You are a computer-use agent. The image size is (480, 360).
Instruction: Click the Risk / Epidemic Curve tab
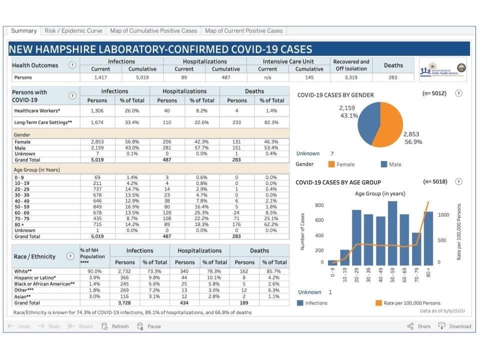(73, 31)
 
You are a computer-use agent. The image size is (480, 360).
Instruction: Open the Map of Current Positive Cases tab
(243, 31)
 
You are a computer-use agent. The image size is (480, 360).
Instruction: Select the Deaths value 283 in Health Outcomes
(393, 77)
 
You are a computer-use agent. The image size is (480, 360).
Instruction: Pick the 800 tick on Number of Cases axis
(319, 205)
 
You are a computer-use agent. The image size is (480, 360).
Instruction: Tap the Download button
(455, 326)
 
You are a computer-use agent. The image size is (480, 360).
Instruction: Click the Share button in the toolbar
(418, 326)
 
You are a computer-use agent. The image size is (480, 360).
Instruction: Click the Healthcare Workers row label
(37, 110)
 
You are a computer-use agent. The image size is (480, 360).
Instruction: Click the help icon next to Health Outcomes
(73, 65)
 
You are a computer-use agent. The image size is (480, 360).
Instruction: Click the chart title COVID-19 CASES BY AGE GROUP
(338, 182)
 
